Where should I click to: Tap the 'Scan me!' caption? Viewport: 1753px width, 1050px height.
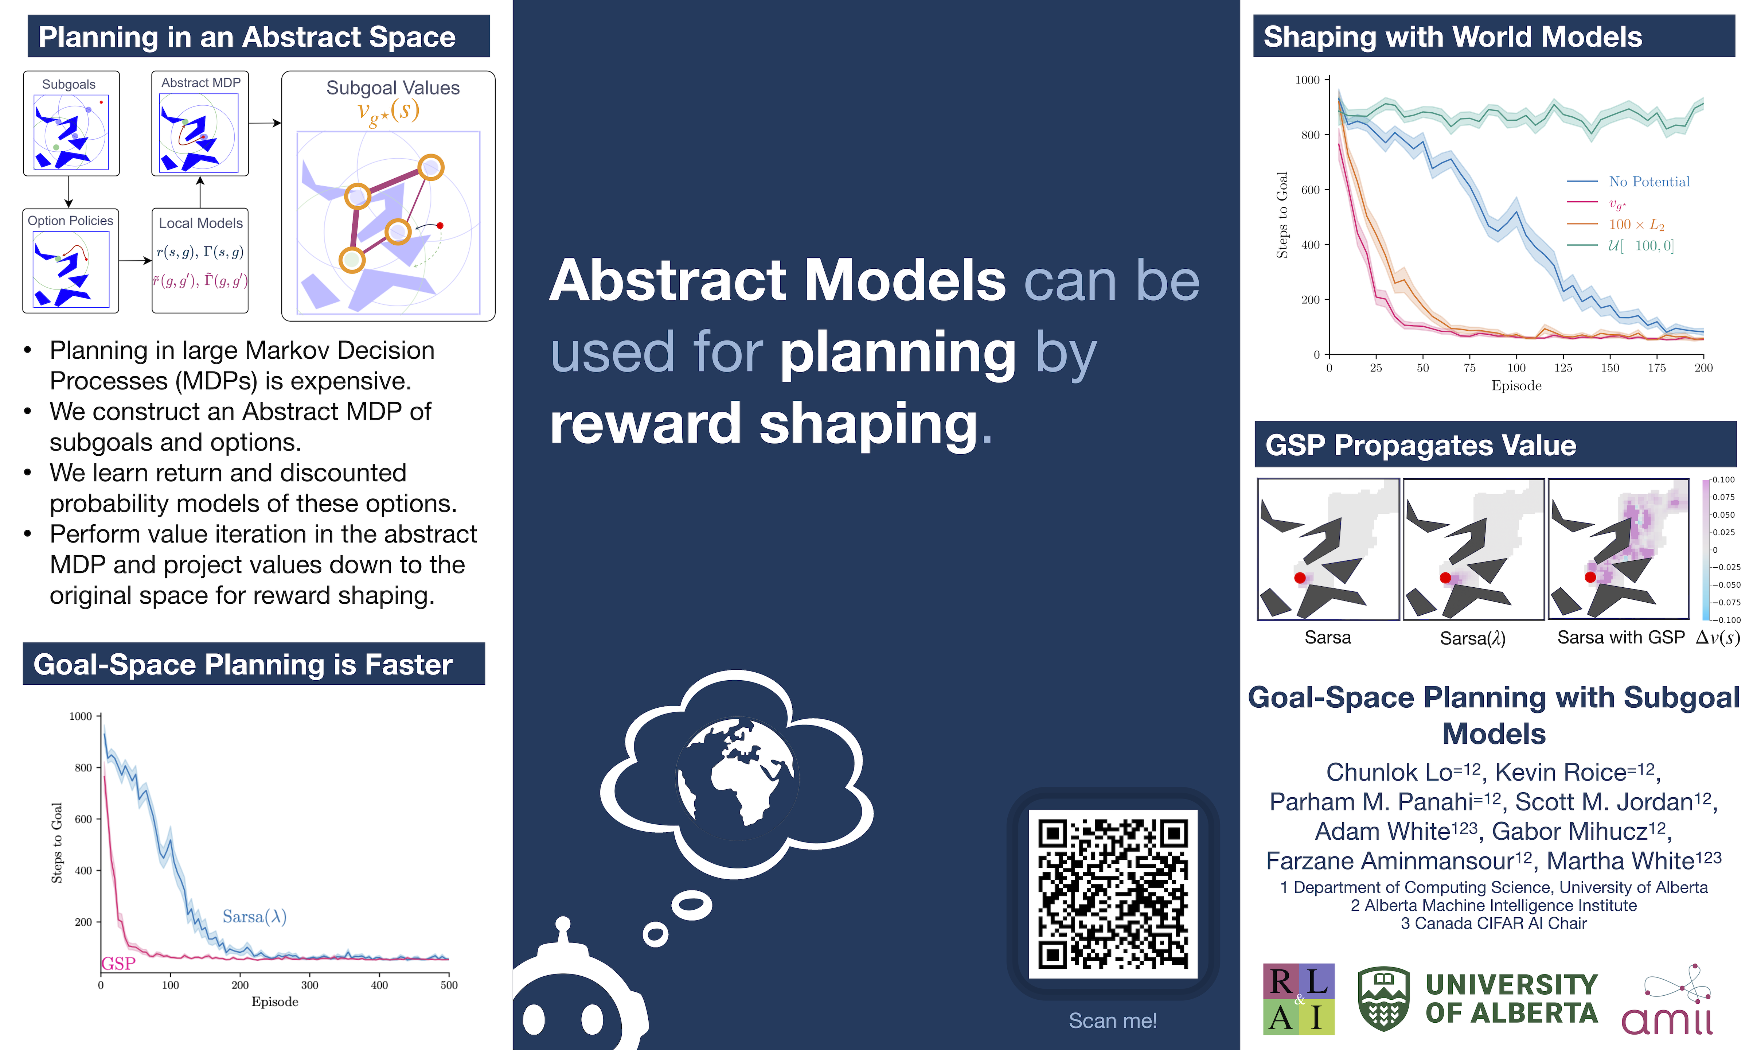point(1112,1020)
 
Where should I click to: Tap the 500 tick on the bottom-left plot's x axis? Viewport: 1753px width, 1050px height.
point(448,985)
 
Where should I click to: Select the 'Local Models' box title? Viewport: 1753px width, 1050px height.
point(201,223)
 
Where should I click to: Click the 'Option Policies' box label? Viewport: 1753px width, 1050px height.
point(71,221)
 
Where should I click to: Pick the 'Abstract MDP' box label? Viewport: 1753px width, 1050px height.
point(201,83)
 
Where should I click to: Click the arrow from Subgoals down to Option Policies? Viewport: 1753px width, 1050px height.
point(69,192)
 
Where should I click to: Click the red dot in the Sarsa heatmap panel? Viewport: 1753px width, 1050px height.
point(1300,578)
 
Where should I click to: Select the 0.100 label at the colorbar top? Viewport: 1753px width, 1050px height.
point(1723,480)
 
